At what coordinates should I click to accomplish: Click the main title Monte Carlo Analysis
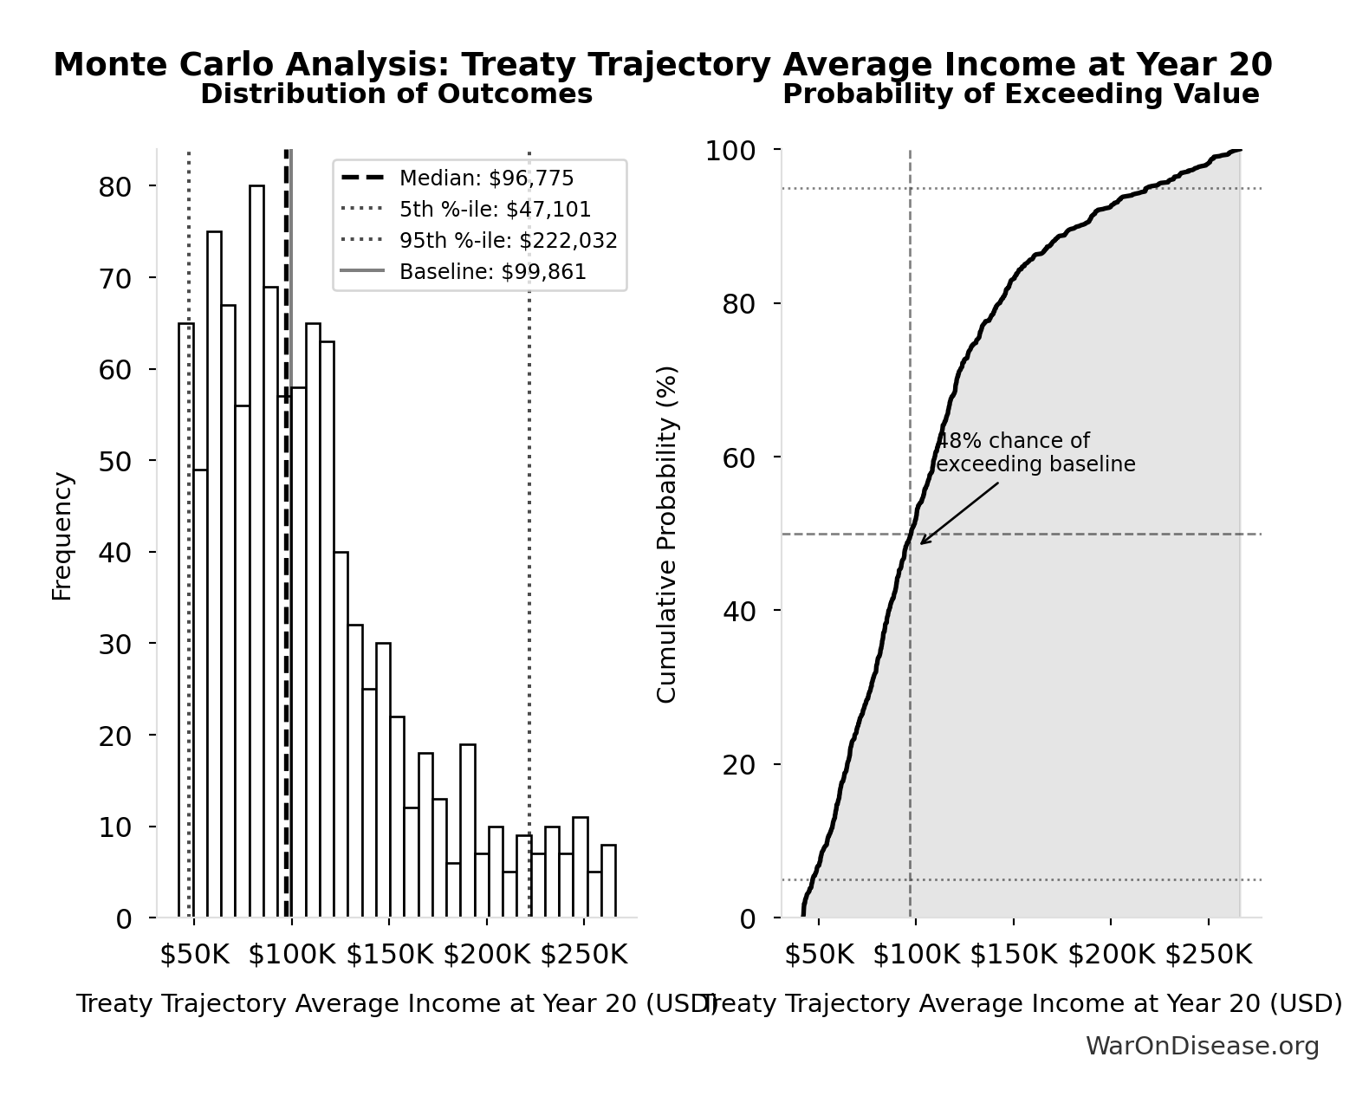tap(662, 65)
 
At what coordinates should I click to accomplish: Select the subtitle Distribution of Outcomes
tap(396, 94)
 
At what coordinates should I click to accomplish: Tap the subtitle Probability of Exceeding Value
tap(1021, 94)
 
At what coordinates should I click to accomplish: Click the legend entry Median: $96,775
tap(486, 178)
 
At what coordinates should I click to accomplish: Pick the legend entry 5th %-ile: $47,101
tap(495, 210)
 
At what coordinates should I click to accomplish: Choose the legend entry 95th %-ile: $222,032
tap(508, 241)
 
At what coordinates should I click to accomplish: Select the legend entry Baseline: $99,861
tap(492, 272)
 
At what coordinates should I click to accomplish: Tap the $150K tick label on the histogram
tap(389, 955)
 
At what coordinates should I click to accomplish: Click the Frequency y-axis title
tap(62, 535)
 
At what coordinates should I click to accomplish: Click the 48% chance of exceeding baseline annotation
tap(1035, 452)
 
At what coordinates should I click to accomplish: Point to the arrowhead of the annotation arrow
tap(923, 542)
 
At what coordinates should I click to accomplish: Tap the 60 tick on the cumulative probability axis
tap(739, 457)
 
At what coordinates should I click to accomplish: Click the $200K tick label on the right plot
tap(1111, 955)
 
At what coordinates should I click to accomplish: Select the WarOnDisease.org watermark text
tap(1202, 1047)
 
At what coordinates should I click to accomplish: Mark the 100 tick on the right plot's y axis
tap(730, 151)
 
